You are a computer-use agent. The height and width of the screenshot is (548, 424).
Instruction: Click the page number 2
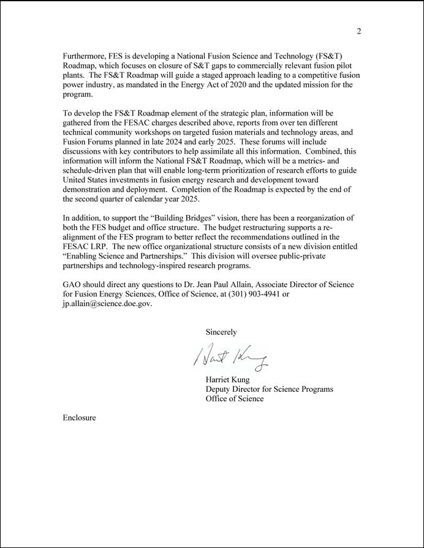click(359, 32)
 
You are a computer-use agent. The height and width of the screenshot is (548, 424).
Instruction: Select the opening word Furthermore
click(85, 56)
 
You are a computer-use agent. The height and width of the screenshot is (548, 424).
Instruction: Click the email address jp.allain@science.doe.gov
click(107, 305)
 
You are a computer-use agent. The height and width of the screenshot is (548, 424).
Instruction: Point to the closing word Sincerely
click(221, 332)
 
